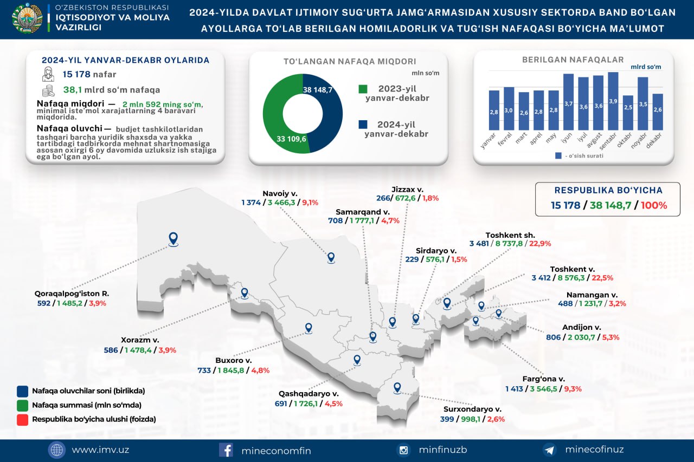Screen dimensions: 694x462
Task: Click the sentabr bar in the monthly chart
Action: point(613,101)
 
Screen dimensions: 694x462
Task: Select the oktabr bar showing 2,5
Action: point(628,113)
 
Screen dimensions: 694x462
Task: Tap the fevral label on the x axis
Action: point(504,139)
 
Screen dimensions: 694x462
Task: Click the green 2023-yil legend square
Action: point(363,89)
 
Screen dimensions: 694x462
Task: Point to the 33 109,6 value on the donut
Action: point(291,139)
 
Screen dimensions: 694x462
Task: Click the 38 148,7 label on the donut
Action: point(318,90)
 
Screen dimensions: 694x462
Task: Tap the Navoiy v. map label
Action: point(280,194)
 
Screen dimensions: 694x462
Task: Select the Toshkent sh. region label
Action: point(510,235)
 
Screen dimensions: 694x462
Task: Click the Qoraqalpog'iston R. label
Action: point(72,294)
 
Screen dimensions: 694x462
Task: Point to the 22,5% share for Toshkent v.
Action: point(602,278)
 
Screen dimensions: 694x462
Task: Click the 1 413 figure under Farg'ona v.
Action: point(515,389)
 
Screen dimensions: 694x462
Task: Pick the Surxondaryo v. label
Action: point(472,409)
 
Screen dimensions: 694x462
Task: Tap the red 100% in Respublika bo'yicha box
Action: point(654,205)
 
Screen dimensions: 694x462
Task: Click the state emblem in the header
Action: point(27,18)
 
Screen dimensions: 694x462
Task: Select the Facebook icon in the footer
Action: point(226,450)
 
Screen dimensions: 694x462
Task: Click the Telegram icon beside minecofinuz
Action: point(550,450)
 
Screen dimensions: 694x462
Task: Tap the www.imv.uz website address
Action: point(100,450)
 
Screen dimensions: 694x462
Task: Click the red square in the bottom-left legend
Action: point(22,420)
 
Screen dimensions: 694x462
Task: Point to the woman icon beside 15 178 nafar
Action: point(48,74)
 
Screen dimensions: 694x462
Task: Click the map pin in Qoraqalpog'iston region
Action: point(173,239)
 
